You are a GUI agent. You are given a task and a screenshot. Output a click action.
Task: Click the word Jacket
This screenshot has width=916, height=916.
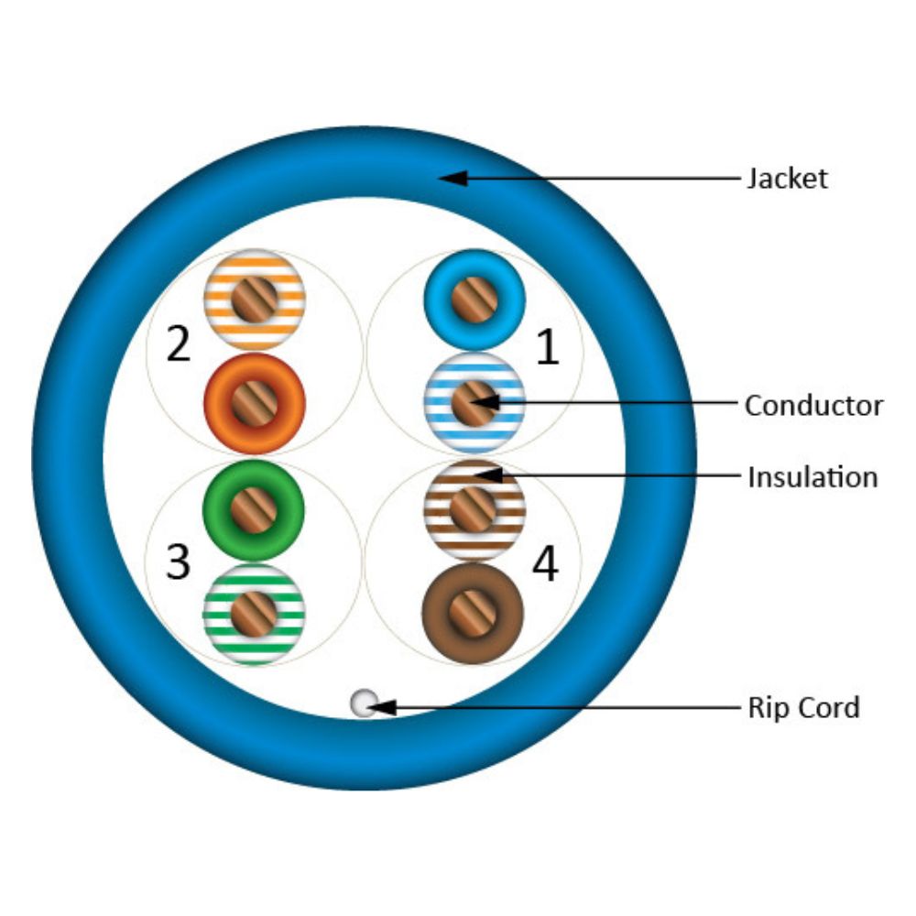pos(786,178)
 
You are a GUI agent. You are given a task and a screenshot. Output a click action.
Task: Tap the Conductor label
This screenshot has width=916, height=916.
pos(812,405)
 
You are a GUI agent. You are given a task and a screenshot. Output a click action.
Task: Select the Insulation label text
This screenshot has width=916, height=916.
pos(812,477)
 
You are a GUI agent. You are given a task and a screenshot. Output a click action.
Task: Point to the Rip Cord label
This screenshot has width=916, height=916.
pos(803,707)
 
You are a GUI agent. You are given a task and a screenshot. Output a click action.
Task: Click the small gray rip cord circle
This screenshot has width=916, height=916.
pos(364,703)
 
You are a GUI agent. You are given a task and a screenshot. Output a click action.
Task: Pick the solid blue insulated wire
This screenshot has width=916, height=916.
pos(474,299)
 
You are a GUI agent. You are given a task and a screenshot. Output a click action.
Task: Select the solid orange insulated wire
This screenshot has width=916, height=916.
pos(255,403)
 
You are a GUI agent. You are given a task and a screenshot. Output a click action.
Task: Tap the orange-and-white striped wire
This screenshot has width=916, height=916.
pos(255,299)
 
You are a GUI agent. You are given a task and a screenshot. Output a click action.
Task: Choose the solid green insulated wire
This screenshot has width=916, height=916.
pos(255,510)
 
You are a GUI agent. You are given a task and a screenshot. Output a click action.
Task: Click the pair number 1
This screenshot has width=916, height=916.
pos(547,349)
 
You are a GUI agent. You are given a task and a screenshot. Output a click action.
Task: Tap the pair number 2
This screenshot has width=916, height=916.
pos(179,345)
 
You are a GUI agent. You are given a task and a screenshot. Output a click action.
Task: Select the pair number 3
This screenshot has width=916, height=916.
pos(178,562)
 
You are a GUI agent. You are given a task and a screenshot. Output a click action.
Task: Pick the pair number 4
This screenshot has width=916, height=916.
pos(545,565)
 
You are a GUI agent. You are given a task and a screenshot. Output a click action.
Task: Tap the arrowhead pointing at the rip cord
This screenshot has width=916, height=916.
pos(383,707)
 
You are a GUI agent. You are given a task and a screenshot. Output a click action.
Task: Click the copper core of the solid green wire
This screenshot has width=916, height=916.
pos(255,510)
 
